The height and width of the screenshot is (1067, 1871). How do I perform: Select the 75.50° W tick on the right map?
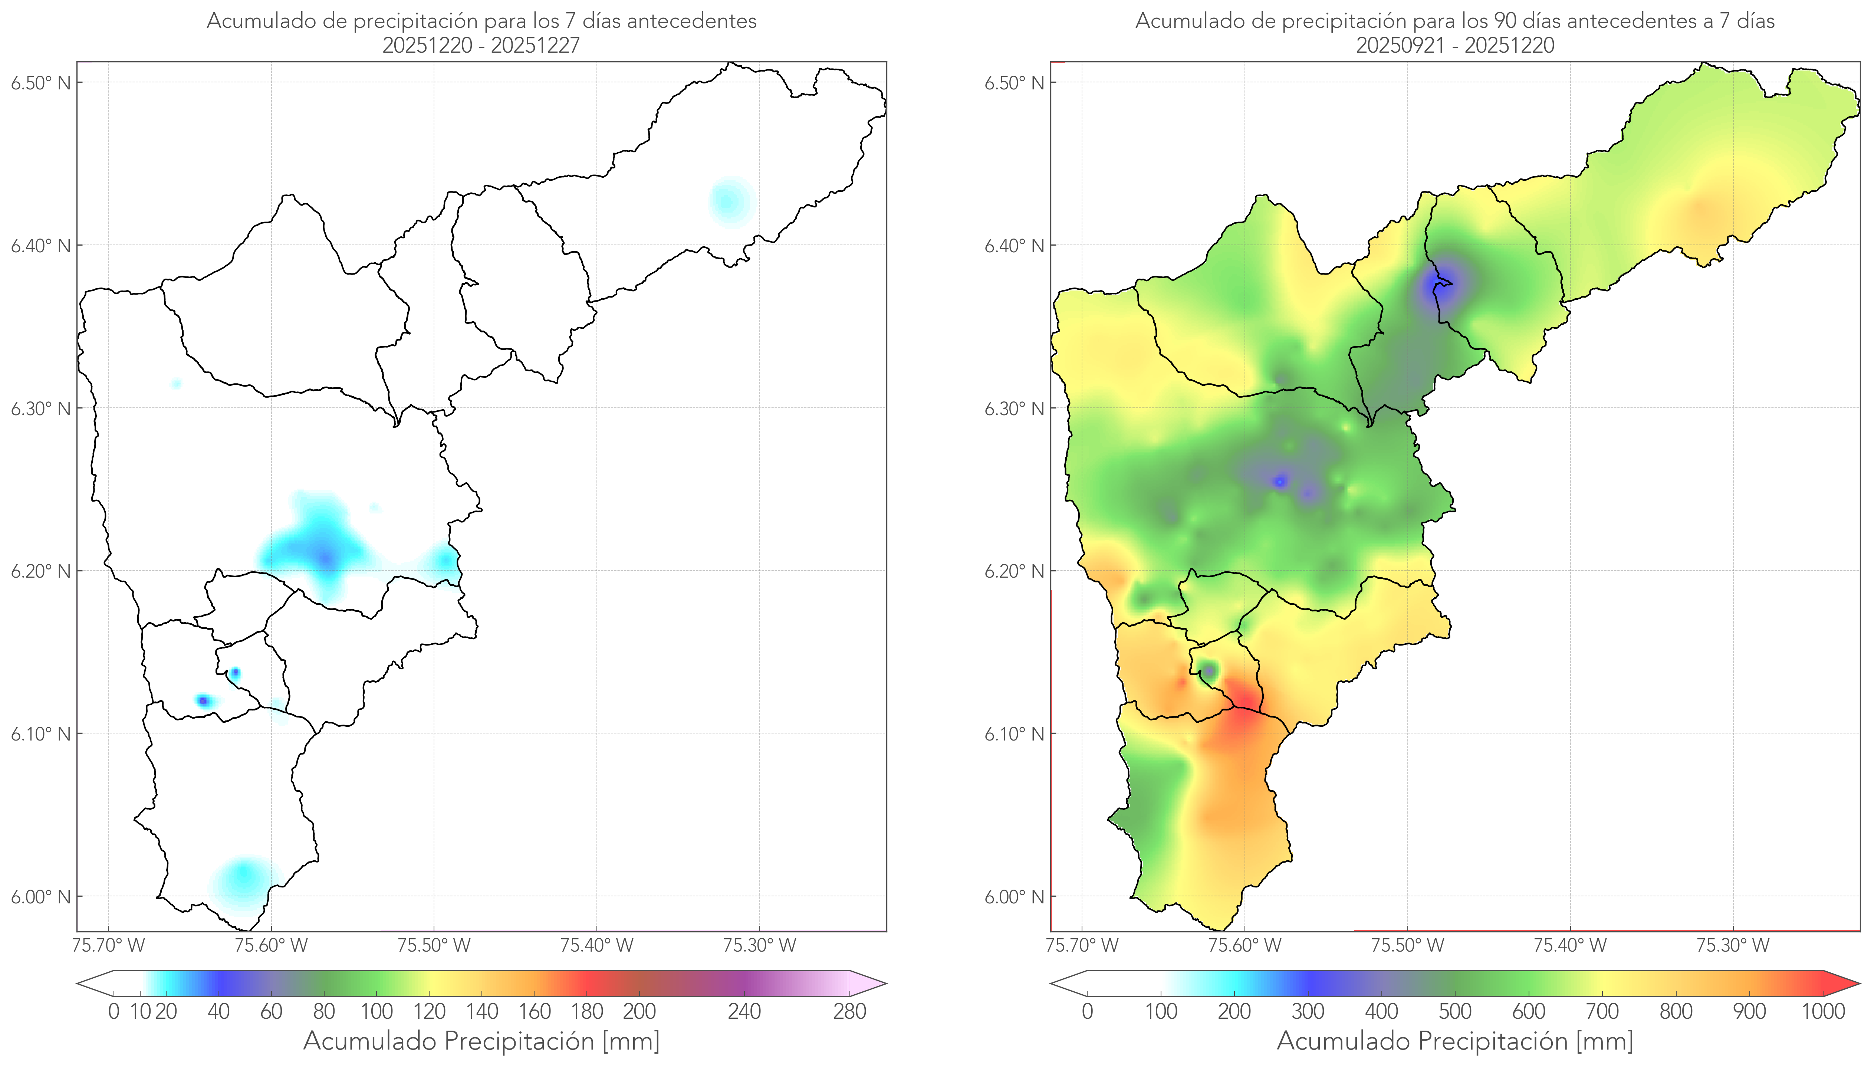point(1407,945)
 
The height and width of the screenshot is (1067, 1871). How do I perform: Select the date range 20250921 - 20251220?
point(1455,45)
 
